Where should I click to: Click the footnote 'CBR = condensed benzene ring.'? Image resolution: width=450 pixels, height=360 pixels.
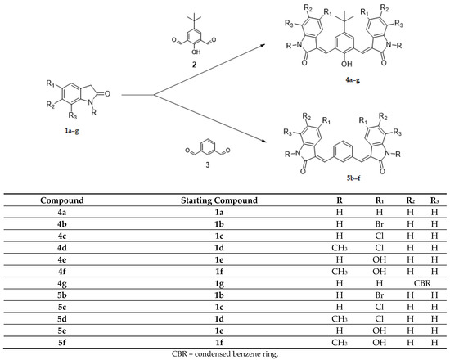pos(225,355)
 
